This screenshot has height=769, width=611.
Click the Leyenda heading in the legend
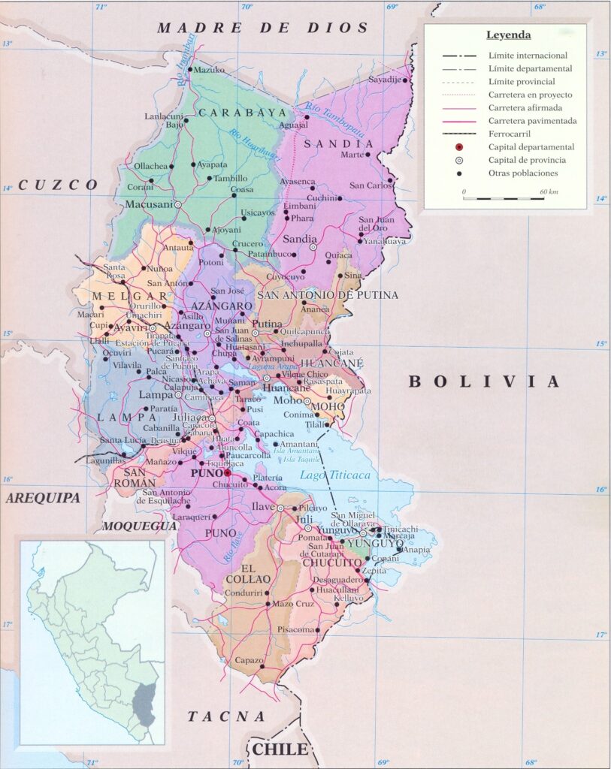point(508,35)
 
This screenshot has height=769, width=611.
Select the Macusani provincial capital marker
point(179,204)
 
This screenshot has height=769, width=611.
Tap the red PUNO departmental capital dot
point(228,474)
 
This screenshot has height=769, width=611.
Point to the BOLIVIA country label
point(484,381)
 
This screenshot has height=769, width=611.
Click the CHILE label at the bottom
point(280,749)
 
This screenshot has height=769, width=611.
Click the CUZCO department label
point(59,184)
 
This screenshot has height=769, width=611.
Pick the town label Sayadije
point(386,80)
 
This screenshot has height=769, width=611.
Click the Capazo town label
point(249,661)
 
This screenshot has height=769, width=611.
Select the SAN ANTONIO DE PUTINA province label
point(328,295)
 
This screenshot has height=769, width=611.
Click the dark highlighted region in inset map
point(144,704)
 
